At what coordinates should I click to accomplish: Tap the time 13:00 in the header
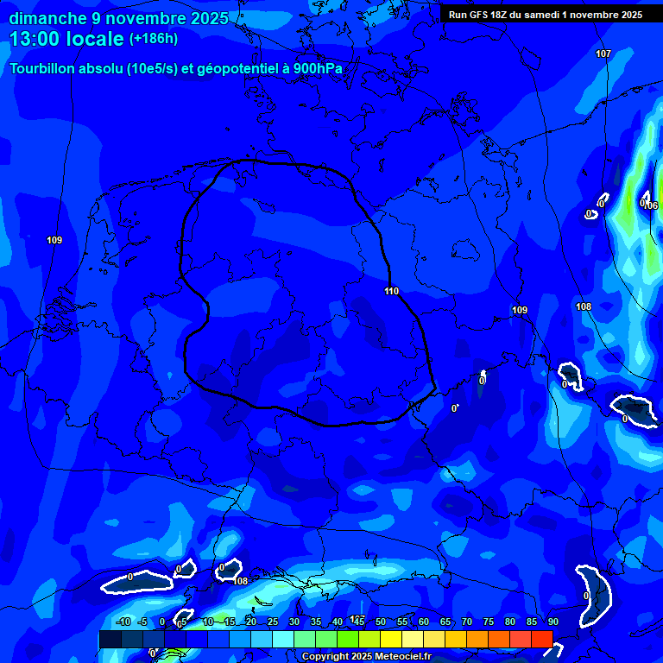click(x=35, y=39)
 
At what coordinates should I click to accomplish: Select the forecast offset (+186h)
click(x=154, y=39)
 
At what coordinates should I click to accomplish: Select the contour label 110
click(x=391, y=291)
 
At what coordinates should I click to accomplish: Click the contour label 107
click(x=603, y=54)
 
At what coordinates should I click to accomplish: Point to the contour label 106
click(x=651, y=205)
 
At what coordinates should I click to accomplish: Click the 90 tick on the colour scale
click(x=553, y=622)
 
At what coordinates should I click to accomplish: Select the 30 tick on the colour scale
click(x=294, y=622)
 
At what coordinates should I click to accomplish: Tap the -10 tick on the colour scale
click(x=123, y=622)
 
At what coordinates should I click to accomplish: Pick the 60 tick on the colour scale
click(x=424, y=622)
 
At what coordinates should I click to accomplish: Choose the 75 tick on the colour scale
click(x=489, y=622)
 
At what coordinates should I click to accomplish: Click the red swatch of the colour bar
click(x=541, y=639)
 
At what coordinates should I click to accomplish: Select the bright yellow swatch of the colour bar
click(x=390, y=639)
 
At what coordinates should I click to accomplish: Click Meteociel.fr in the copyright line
click(x=401, y=657)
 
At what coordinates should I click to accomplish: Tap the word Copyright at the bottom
click(x=325, y=657)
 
